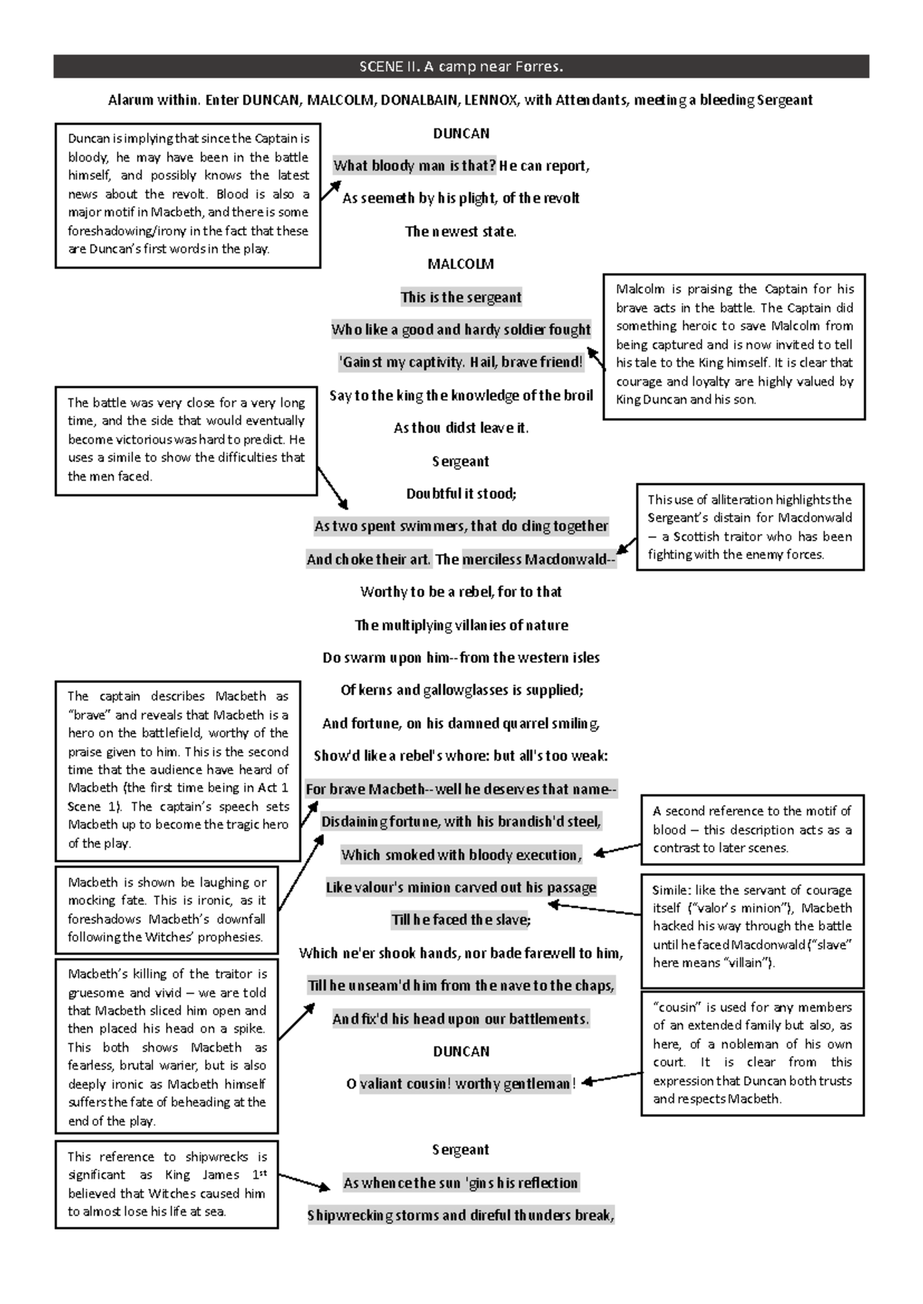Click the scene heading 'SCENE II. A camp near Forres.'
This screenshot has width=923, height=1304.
point(461,67)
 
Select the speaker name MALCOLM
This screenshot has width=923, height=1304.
point(461,264)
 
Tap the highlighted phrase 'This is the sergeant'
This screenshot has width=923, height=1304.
point(461,298)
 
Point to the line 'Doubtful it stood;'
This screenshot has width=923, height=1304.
point(461,494)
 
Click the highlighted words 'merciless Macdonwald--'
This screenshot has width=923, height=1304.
point(538,560)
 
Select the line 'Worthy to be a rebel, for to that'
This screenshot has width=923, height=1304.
point(461,592)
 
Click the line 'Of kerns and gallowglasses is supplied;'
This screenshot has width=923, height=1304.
point(461,690)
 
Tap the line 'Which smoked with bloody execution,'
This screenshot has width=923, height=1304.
point(461,855)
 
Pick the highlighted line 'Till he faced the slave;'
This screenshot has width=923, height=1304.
point(461,920)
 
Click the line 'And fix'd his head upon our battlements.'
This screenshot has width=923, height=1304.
point(461,1020)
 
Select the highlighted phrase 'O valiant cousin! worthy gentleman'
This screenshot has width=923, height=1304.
point(458,1084)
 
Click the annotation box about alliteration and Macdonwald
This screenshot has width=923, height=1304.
point(750,527)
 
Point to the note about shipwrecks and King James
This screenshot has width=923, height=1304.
point(167,1184)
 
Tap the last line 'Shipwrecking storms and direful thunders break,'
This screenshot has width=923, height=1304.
point(461,1216)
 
